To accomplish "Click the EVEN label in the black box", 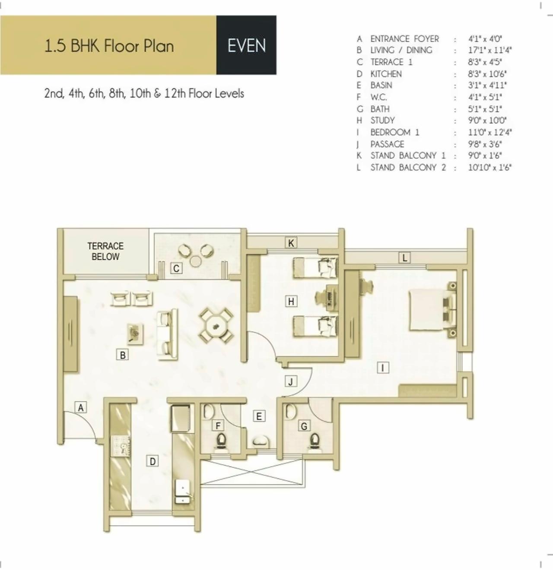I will (x=246, y=46).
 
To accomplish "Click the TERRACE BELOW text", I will (x=105, y=251).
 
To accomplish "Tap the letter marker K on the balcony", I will (x=291, y=243).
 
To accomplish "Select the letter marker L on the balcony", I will (x=404, y=258).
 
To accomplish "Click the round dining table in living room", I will (x=216, y=325).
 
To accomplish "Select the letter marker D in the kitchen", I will (x=153, y=461).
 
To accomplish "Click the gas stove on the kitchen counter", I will (x=121, y=445).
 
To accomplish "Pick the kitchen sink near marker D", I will (x=183, y=492).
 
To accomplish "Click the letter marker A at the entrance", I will (x=81, y=407).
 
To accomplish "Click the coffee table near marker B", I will (x=136, y=334).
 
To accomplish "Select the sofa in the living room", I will (x=168, y=334).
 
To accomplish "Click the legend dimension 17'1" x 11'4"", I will (x=489, y=50).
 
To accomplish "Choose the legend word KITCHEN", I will (x=386, y=74).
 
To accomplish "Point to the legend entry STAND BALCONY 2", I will (x=408, y=167).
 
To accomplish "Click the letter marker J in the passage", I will (x=291, y=381).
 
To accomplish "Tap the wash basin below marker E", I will (x=260, y=441).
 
